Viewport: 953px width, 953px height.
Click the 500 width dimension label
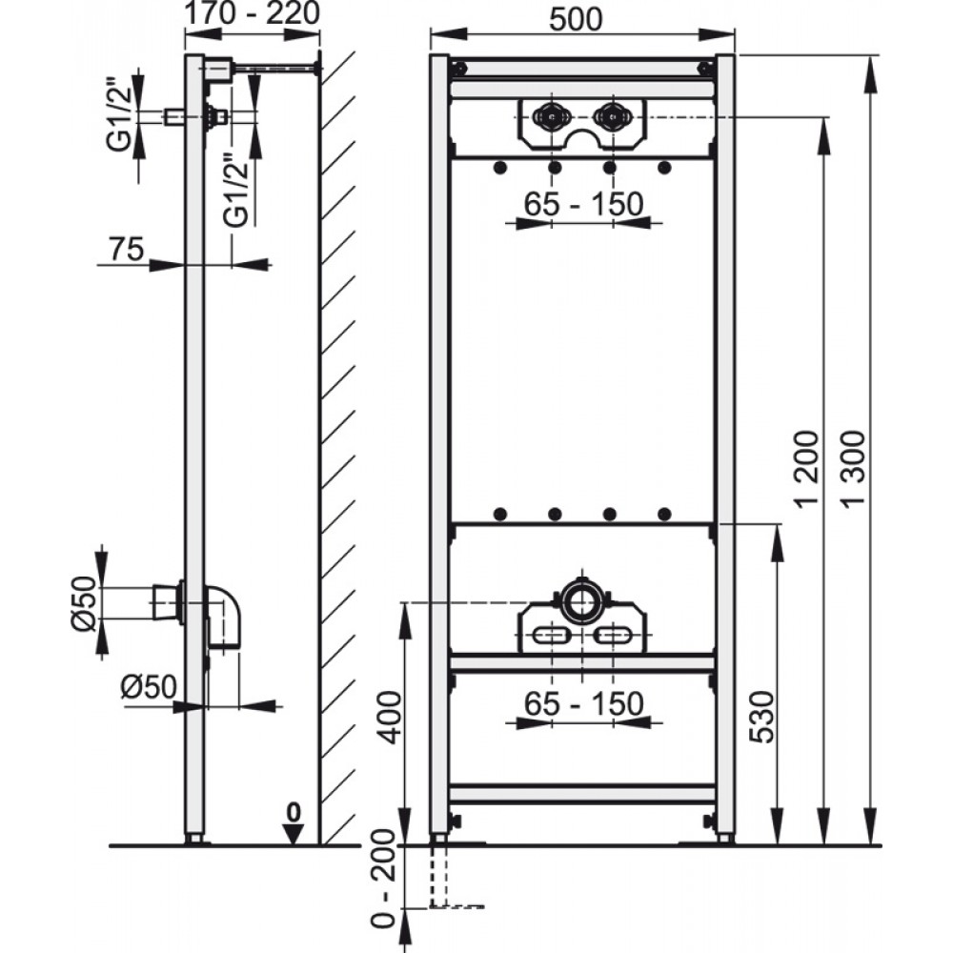pos(576,19)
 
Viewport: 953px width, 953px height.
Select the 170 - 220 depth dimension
pos(252,13)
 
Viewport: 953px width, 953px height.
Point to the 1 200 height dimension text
pos(808,467)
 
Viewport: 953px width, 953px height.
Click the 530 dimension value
pos(762,717)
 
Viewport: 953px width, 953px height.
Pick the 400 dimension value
pos(389,717)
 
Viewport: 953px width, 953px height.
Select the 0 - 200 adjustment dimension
pos(382,898)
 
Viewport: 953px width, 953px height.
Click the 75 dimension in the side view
pos(127,249)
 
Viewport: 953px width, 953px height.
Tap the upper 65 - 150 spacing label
pos(583,204)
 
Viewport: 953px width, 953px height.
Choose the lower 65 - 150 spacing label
pos(583,704)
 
